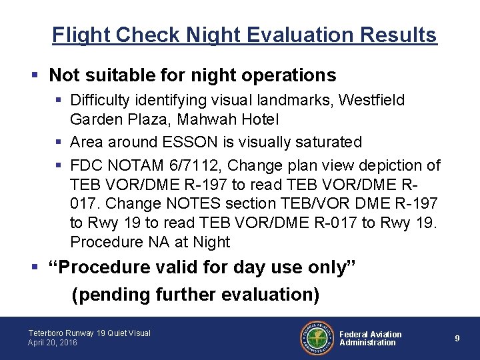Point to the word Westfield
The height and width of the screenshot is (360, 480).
pos(371,100)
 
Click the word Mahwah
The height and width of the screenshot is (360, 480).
pos(206,120)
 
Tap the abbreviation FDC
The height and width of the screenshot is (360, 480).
pos(85,165)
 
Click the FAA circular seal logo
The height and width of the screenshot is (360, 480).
pos(317,338)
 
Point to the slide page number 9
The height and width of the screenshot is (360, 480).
pos(457,339)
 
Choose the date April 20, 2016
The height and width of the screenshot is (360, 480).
pos(53,343)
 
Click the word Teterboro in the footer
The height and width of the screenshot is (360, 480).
pos(45,333)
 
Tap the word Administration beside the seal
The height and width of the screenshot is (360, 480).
pos(367,343)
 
